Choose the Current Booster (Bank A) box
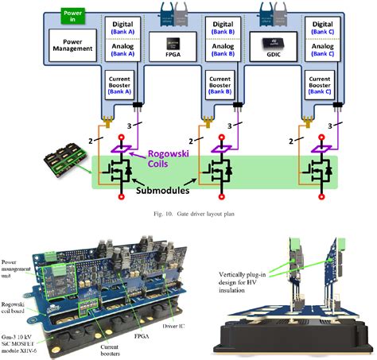120,85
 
